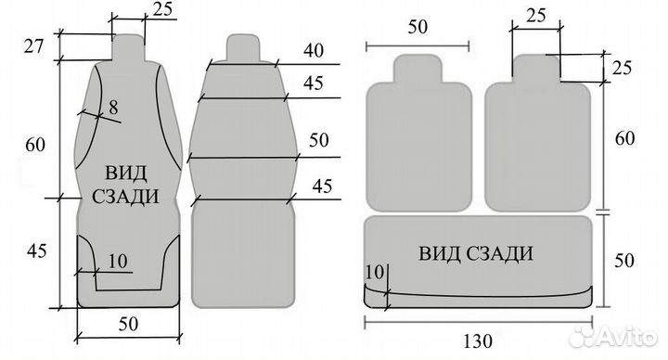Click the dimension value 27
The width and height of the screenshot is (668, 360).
(33, 45)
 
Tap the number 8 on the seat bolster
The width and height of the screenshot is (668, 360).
(113, 107)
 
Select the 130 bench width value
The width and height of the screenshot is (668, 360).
(478, 341)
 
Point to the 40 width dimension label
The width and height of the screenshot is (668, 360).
(314, 50)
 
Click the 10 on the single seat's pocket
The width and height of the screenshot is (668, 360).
(118, 261)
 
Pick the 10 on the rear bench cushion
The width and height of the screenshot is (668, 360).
(375, 272)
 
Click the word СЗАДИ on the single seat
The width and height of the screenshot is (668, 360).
(125, 197)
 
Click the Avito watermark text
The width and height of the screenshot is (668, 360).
(627, 338)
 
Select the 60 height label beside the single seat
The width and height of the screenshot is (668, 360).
(35, 145)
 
